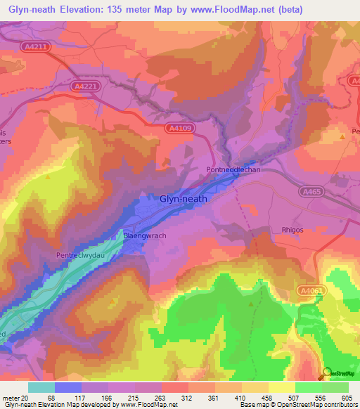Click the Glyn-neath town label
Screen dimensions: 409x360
pyautogui.click(x=184, y=199)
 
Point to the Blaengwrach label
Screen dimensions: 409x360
pyautogui.click(x=145, y=235)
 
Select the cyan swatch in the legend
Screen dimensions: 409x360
pyautogui.click(x=41, y=387)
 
